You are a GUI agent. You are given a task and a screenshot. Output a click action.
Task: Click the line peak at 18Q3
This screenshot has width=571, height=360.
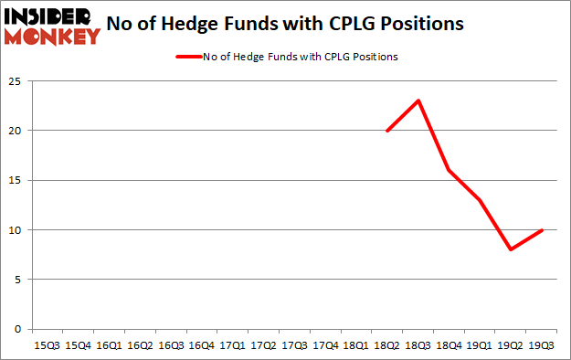point(418,101)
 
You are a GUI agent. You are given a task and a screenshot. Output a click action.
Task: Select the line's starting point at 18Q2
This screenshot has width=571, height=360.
point(386,131)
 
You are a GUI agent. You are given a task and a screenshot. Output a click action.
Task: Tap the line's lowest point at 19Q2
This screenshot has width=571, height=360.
point(511,249)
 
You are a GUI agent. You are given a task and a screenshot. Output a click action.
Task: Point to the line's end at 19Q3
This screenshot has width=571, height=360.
point(542,229)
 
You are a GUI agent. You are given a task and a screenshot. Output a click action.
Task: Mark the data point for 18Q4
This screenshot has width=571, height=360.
point(449,170)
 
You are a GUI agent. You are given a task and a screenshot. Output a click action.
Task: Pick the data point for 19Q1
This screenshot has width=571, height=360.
point(480,200)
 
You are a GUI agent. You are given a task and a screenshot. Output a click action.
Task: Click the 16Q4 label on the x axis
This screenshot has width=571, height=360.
point(201,345)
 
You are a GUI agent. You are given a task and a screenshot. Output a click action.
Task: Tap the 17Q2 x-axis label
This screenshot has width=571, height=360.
point(263,345)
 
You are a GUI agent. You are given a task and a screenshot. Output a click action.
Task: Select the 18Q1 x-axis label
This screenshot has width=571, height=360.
point(356,345)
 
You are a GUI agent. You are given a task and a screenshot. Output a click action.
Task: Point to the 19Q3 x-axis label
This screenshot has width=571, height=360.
point(542,345)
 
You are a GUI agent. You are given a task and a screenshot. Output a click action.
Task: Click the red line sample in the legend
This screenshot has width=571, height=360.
point(187,57)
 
